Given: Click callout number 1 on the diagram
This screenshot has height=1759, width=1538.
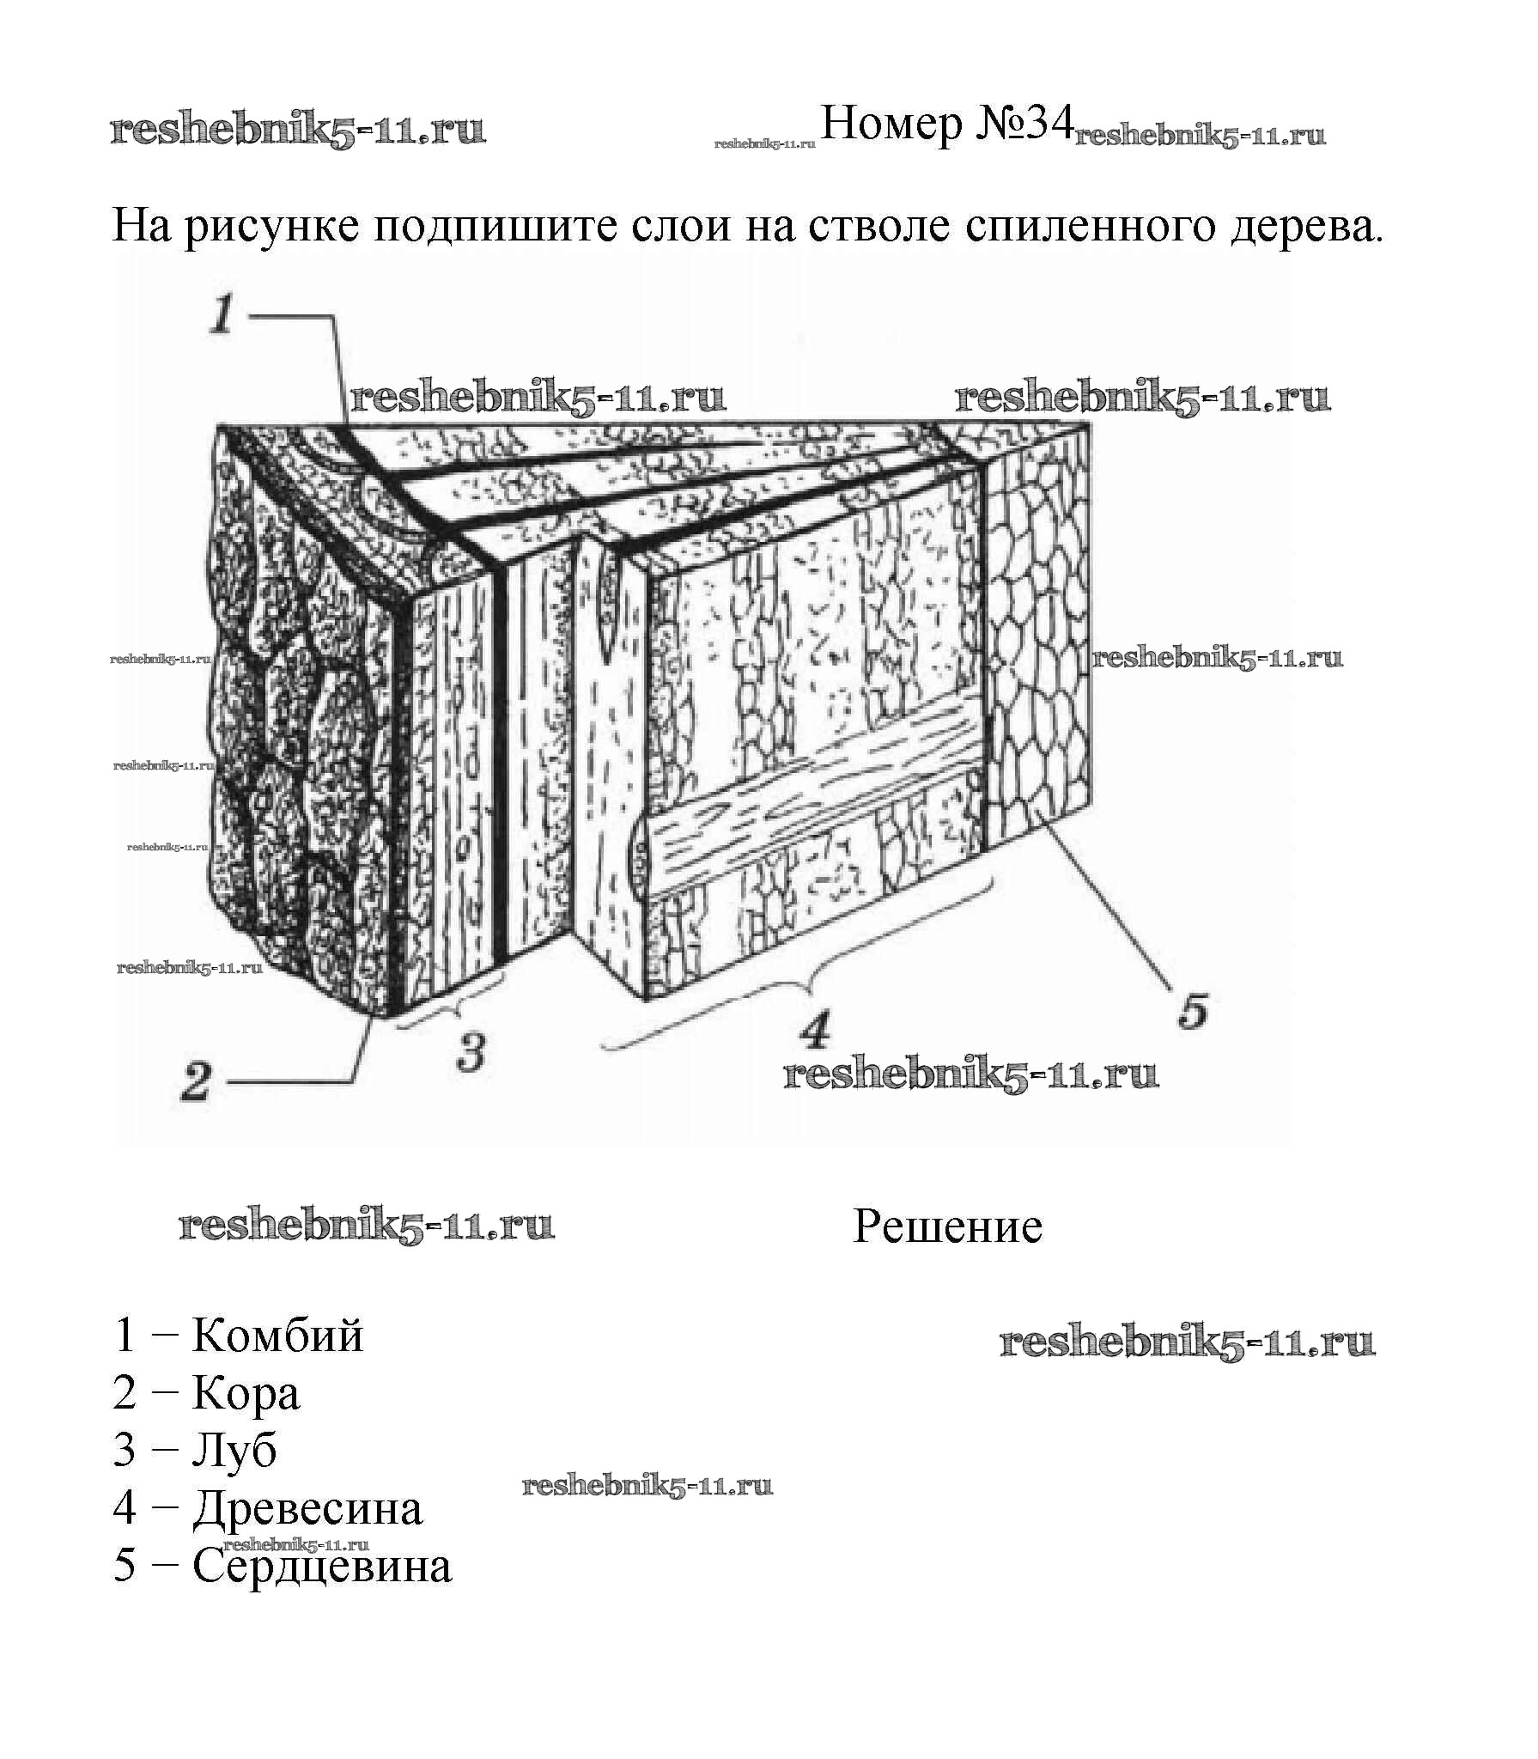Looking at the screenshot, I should point(222,315).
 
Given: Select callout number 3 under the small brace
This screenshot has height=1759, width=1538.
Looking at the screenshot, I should point(471,1051).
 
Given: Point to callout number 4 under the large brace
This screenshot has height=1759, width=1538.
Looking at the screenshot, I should point(813,1029).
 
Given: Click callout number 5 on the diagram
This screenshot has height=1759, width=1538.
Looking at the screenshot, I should point(1192,1010).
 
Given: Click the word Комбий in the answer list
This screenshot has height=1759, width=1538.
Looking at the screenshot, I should point(277,1335).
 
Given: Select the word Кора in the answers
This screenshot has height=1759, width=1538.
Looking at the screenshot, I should point(246,1393).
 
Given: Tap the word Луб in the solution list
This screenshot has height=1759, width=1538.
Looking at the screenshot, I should point(234,1451).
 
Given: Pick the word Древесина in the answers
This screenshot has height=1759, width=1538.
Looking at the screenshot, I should point(307,1509).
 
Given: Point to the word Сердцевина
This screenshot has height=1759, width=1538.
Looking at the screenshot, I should point(322,1566).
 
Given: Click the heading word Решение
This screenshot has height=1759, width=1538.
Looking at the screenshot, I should point(947,1227).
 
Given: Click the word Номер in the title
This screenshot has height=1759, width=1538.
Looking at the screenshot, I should point(892,125).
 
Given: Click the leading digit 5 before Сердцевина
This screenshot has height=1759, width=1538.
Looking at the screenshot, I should point(125,1566).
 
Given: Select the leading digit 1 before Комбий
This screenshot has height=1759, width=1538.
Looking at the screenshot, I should point(125,1336).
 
